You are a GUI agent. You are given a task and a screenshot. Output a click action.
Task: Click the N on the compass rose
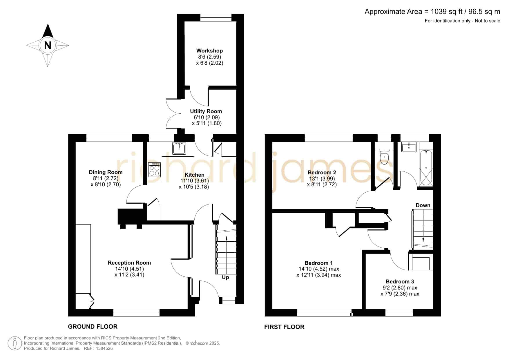point(48,46)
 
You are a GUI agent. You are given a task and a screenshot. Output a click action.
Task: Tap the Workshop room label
point(209,51)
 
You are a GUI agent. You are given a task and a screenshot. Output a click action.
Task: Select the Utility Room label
point(206,111)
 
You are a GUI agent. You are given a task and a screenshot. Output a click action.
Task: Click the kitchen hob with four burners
point(155,170)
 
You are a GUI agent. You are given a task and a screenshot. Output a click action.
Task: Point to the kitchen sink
point(179,149)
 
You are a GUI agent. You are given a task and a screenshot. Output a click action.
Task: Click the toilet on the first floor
point(384,157)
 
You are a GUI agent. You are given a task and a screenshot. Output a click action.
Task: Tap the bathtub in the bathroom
point(426,168)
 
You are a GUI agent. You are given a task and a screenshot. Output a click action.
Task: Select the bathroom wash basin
point(409,147)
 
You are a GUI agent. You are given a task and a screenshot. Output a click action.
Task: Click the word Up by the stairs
point(225,278)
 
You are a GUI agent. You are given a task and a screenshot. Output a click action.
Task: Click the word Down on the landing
point(423,205)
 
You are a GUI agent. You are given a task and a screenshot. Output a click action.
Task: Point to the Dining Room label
point(106,172)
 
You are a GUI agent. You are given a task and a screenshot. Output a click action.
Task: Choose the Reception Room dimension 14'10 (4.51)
point(129,269)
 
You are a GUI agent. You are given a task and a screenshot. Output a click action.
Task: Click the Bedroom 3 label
point(400,282)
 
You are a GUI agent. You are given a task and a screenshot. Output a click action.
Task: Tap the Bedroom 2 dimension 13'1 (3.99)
point(322,179)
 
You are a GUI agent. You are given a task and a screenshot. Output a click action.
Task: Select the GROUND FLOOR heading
point(93,327)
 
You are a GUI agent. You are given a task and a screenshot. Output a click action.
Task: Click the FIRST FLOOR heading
point(284,327)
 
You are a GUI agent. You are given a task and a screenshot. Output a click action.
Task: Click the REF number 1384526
point(104,348)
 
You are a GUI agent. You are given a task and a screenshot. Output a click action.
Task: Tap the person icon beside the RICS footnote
point(15,343)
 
